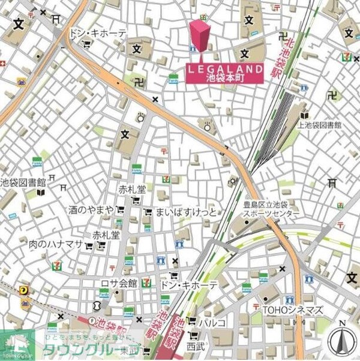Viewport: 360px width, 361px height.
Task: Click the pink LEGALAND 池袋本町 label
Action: tap(224, 73)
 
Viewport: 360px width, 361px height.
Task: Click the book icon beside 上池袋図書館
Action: tap(305, 115)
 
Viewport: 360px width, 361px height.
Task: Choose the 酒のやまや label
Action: tap(91, 209)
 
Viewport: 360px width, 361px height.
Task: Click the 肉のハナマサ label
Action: tap(56, 245)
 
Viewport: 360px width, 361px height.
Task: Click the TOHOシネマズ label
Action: tap(293, 310)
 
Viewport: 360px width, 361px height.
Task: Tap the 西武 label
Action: tap(195, 346)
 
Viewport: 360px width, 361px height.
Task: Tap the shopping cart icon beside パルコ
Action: tap(192, 323)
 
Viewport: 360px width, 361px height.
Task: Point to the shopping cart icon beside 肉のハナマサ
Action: tap(90, 245)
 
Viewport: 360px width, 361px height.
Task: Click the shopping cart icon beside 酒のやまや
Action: tap(121, 210)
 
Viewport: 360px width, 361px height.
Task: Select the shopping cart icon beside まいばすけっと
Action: tap(148, 212)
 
